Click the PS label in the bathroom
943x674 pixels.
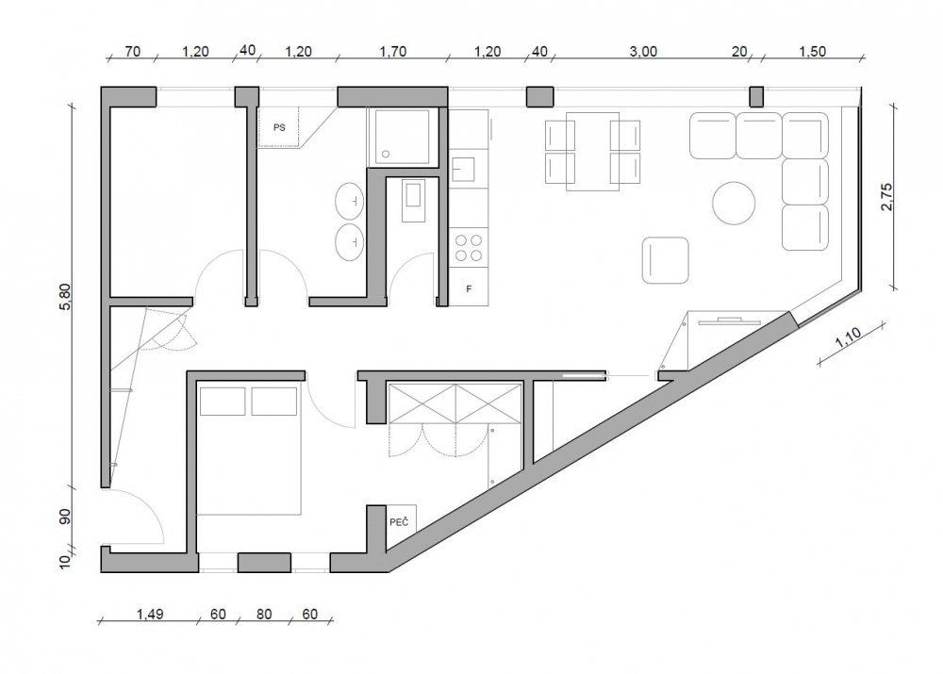(x=279, y=127)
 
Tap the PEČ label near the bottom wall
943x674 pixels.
(x=399, y=522)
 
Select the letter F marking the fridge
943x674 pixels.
(x=469, y=289)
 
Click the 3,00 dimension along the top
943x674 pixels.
(x=643, y=52)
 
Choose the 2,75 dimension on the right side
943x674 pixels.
(x=887, y=197)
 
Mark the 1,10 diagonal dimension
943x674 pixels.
(x=848, y=337)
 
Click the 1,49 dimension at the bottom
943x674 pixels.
(x=150, y=614)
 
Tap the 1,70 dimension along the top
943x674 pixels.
(x=392, y=52)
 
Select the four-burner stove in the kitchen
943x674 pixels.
(x=469, y=248)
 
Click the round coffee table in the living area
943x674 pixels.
(x=734, y=204)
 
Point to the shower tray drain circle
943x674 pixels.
(x=386, y=155)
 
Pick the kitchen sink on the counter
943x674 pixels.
(x=464, y=169)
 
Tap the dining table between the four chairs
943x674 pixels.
(x=592, y=152)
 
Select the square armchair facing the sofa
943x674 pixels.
(x=665, y=260)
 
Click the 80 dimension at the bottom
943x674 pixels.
(x=264, y=614)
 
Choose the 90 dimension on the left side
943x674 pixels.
(x=65, y=517)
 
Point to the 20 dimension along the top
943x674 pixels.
(x=739, y=52)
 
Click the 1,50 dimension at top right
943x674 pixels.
(x=812, y=52)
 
